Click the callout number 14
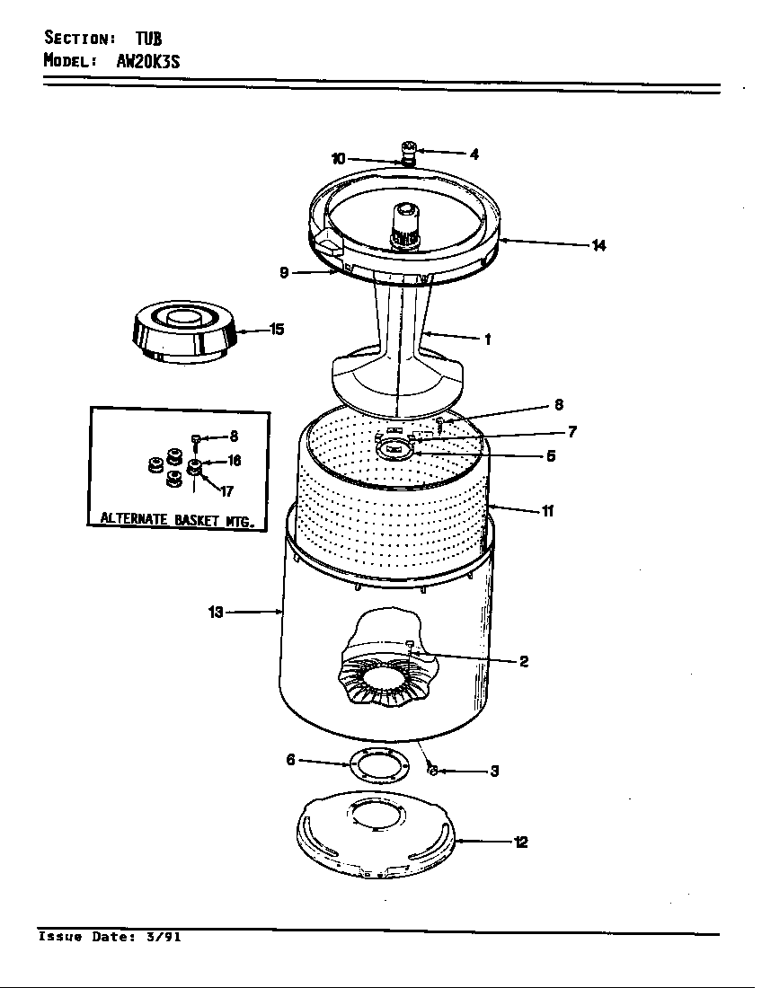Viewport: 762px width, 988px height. click(x=598, y=245)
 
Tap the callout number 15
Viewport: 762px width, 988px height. click(x=277, y=330)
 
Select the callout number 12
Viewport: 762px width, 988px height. click(x=520, y=842)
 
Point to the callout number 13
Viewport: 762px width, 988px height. click(x=216, y=613)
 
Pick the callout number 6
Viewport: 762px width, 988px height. click(x=290, y=760)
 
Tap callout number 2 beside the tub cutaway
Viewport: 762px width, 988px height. click(x=524, y=662)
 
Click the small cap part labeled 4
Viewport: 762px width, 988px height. click(x=409, y=149)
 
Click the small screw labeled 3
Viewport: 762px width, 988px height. click(x=431, y=770)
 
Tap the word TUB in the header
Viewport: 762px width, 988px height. click(x=148, y=38)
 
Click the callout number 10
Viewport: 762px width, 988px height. click(x=338, y=159)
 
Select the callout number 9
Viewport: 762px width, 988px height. click(x=284, y=273)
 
